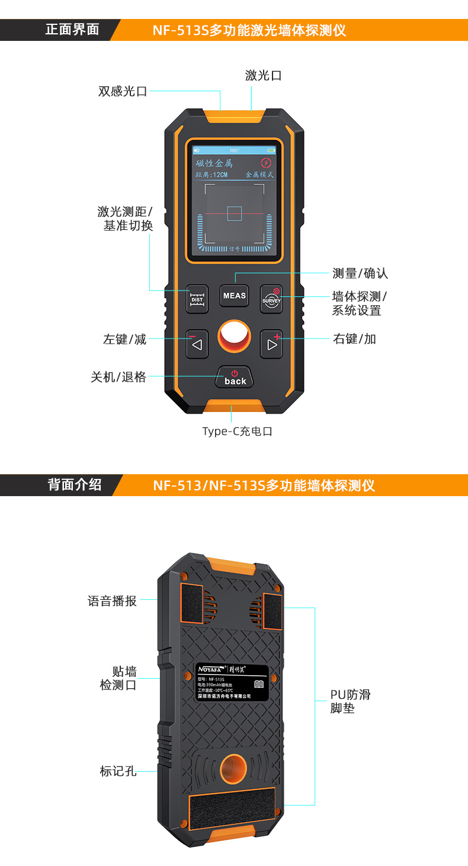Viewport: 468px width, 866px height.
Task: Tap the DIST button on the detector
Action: click(197, 296)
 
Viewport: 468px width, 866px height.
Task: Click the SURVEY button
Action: click(272, 296)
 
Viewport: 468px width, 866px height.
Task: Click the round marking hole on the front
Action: click(235, 337)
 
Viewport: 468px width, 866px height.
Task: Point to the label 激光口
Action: click(263, 75)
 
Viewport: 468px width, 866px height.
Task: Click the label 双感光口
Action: click(123, 91)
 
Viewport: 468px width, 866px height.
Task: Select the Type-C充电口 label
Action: click(238, 432)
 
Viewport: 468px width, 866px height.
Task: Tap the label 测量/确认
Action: click(360, 273)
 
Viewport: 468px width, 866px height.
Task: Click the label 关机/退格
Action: click(118, 377)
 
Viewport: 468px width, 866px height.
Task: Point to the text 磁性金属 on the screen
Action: click(214, 163)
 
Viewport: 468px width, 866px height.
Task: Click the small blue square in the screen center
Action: click(235, 213)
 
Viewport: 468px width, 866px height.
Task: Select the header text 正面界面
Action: click(72, 30)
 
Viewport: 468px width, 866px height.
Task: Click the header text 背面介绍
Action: click(75, 485)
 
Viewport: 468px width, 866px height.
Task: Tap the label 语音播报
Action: click(112, 601)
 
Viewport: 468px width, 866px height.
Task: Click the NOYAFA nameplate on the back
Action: click(232, 682)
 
